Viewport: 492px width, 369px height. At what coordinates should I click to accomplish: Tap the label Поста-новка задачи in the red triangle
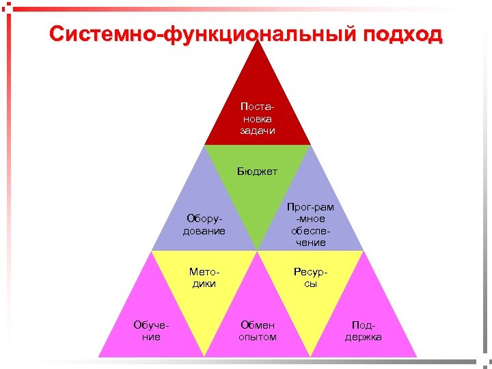point(258,119)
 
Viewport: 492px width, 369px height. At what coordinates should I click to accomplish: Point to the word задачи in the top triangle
point(258,131)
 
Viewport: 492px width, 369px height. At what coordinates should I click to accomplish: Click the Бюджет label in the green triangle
point(258,171)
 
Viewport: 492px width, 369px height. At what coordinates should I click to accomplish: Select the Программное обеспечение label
point(311,224)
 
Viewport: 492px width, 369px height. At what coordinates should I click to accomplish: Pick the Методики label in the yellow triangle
point(204,277)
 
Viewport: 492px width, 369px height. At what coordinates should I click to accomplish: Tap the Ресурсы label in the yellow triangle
point(311,277)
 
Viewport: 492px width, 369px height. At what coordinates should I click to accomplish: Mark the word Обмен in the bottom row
point(258,325)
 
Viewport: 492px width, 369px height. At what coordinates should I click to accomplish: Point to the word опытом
point(258,337)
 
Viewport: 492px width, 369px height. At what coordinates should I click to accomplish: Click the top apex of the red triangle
point(258,38)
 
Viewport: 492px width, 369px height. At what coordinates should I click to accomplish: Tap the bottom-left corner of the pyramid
point(99,357)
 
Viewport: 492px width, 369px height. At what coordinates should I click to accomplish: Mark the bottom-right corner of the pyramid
point(417,357)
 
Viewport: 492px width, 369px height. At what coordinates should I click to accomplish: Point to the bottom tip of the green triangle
point(258,250)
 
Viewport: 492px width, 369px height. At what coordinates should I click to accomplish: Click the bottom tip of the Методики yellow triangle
point(204,356)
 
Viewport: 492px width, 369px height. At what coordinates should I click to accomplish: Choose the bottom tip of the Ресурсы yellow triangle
point(311,356)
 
